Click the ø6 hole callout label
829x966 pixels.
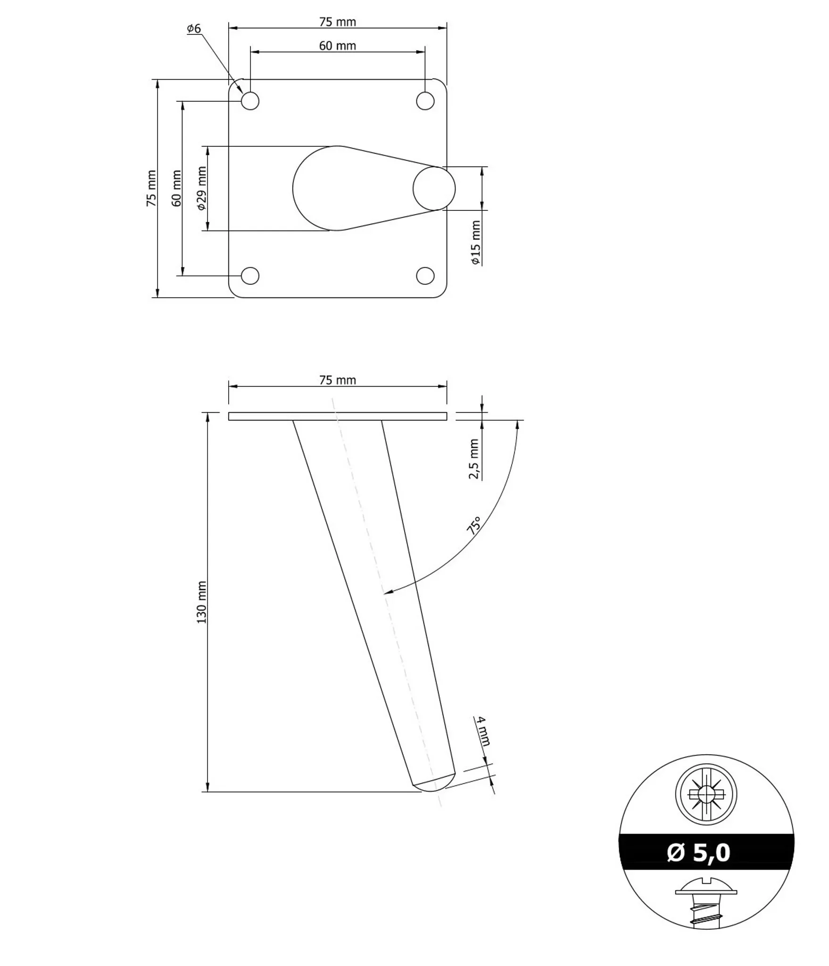194,29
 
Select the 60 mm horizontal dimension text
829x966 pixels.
337,46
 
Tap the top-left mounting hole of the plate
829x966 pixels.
250,101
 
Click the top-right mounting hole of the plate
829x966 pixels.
425,101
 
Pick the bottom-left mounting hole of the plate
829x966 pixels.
250,276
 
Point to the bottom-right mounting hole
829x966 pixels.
425,276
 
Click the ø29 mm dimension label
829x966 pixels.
202,188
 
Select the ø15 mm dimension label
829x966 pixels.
476,242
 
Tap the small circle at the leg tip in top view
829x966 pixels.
434,189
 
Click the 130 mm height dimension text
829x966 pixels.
202,602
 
